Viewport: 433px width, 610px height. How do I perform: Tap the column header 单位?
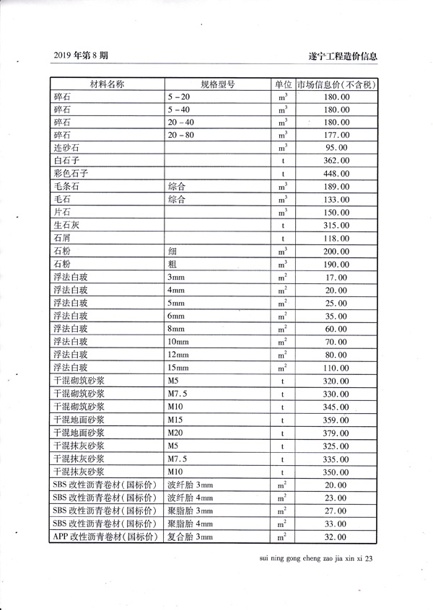point(283,84)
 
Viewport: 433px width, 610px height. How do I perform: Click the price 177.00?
point(336,134)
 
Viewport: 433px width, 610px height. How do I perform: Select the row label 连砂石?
point(66,147)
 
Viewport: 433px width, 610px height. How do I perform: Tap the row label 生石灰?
point(66,225)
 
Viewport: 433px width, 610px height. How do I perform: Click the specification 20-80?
point(180,134)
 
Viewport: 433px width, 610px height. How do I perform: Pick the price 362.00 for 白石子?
point(336,160)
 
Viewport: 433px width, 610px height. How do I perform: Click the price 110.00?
point(336,368)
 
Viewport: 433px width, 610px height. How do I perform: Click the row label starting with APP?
point(105,536)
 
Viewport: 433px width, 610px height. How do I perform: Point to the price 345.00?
point(336,407)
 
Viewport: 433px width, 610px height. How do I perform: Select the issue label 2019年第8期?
point(81,56)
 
